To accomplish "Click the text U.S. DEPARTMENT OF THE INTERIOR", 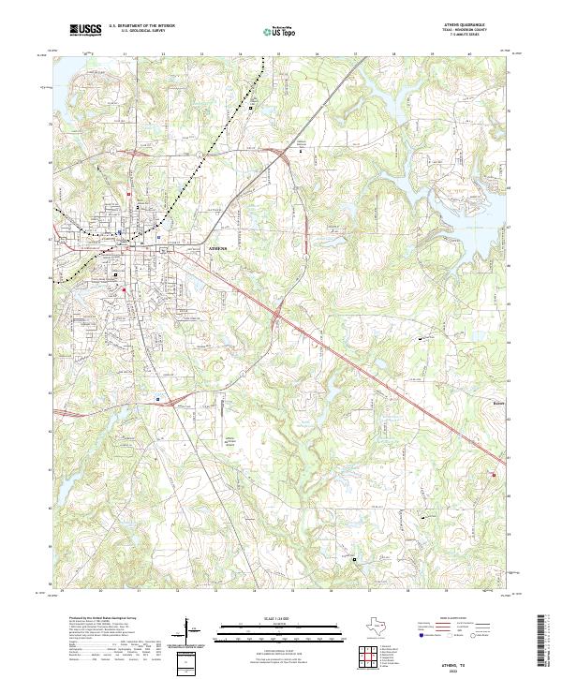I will pos(141,25).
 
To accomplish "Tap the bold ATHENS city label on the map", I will pos(217,248).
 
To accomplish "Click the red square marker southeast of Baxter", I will pos(493,475).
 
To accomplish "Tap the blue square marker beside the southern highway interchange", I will pos(158,398).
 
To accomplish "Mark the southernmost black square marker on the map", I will pos(355,559).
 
